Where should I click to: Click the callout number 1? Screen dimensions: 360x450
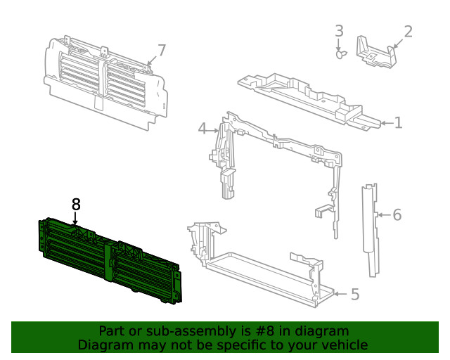(398, 124)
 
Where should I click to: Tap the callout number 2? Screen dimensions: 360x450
(408, 32)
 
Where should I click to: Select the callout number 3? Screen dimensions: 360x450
(339, 31)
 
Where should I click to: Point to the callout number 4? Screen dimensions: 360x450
(202, 129)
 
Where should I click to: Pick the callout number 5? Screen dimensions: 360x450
(354, 294)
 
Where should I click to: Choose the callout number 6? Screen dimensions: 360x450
(397, 214)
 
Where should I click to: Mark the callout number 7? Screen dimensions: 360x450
(162, 51)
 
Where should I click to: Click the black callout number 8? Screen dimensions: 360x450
(76, 205)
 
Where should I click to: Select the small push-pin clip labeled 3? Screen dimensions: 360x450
(341, 53)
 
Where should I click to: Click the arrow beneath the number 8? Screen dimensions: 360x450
(76, 219)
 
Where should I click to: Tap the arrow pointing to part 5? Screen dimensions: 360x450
(339, 294)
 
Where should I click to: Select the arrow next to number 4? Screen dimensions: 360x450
(214, 129)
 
